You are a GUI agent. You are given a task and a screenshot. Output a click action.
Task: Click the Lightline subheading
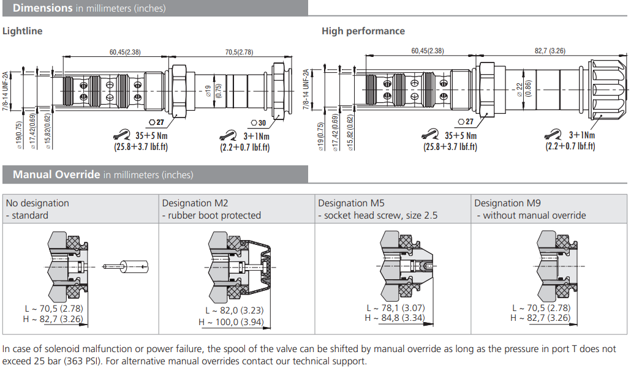[23, 31]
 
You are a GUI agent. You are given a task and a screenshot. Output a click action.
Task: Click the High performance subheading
[363, 31]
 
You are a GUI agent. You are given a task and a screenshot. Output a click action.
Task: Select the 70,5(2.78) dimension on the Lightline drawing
[239, 52]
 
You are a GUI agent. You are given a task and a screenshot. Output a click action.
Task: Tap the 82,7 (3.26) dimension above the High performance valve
[550, 51]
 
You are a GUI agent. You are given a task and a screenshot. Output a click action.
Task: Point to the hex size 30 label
[262, 122]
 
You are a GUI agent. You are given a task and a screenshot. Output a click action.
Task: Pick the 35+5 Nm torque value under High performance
[460, 136]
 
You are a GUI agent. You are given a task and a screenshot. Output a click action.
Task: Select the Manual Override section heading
[56, 175]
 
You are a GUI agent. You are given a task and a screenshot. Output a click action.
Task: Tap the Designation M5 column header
[351, 203]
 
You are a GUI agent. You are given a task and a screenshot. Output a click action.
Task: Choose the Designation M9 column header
[507, 203]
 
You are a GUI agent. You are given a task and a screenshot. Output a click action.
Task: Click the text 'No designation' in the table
[37, 203]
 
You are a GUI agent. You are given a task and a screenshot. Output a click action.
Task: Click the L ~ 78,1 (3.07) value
[396, 308]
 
